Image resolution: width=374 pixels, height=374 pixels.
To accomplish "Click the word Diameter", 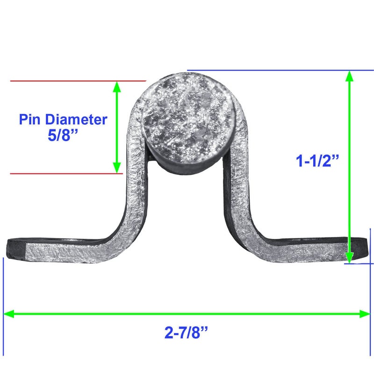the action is coord(76,119).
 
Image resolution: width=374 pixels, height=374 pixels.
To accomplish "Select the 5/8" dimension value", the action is coord(63,135).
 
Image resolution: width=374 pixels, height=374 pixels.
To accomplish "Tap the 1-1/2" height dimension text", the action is coord(317,161).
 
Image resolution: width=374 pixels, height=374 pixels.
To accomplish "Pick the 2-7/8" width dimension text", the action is coord(186,332).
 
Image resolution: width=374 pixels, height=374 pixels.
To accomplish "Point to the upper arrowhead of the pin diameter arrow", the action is coord(116,86).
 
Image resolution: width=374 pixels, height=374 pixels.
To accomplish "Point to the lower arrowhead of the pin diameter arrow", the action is coord(116,168).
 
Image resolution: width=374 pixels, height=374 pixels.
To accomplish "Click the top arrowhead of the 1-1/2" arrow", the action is coord(349,76).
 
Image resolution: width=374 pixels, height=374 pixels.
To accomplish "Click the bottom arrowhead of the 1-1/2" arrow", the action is coord(349,258).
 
